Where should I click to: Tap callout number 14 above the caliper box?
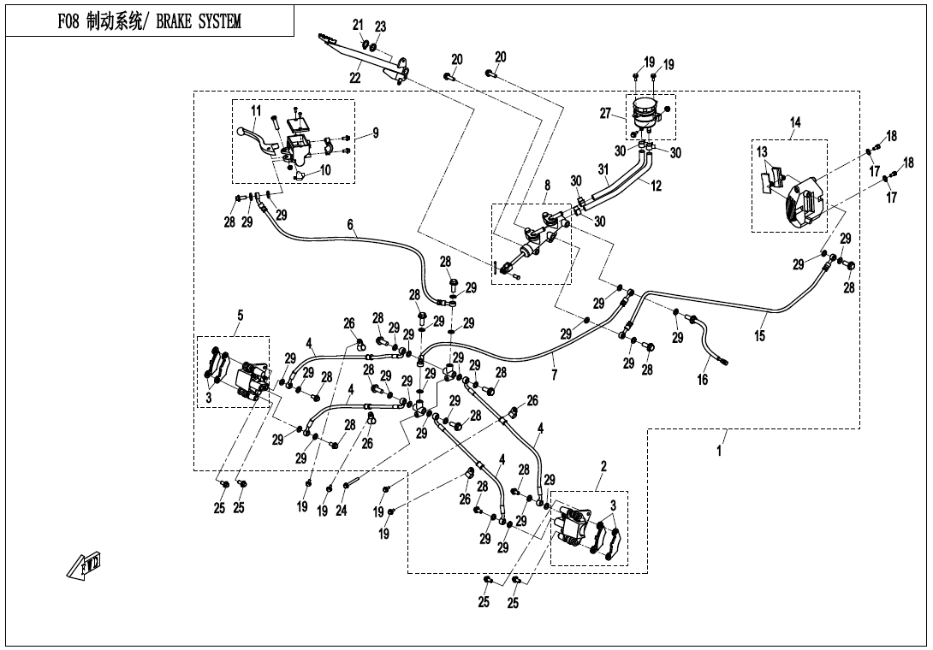(795, 123)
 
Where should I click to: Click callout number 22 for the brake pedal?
(354, 77)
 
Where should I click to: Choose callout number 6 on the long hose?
(350, 224)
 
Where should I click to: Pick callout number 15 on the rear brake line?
(759, 336)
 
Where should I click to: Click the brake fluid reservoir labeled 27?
(647, 112)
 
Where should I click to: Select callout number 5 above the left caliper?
(240, 316)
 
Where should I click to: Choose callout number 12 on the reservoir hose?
(656, 186)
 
